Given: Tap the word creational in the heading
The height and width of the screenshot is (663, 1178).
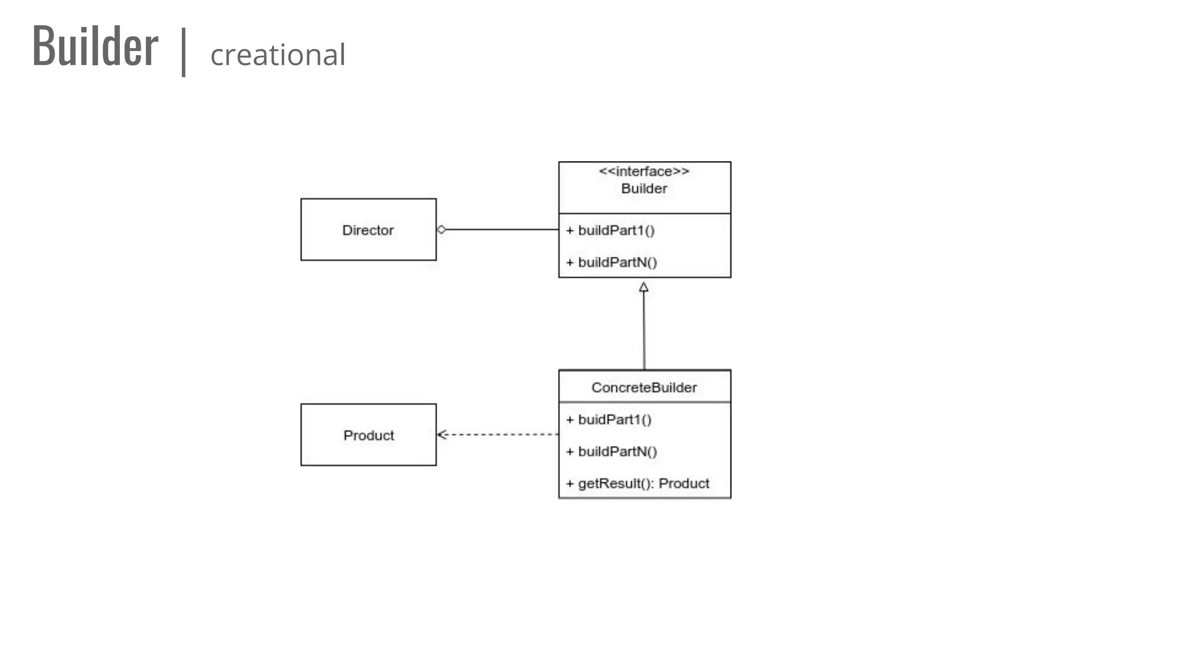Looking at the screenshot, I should click(278, 55).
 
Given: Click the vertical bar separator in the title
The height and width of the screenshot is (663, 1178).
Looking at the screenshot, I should click(183, 52).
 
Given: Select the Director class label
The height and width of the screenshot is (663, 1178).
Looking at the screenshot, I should click(368, 230).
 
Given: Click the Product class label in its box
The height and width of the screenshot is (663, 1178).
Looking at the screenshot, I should click(369, 435).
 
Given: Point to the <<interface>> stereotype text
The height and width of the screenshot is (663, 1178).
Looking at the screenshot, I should click(644, 172).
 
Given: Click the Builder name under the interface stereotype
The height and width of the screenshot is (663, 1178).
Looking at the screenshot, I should click(644, 189).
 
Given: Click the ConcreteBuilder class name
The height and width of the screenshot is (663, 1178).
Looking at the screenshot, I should click(644, 387).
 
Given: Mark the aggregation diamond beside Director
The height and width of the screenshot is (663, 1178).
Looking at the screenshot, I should click(441, 230).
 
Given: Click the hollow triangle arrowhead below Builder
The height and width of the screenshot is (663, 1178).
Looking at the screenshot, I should click(644, 287).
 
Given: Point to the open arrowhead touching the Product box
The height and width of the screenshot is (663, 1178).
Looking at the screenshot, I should click(442, 435).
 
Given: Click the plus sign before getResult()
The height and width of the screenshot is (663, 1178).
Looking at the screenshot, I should click(570, 483).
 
